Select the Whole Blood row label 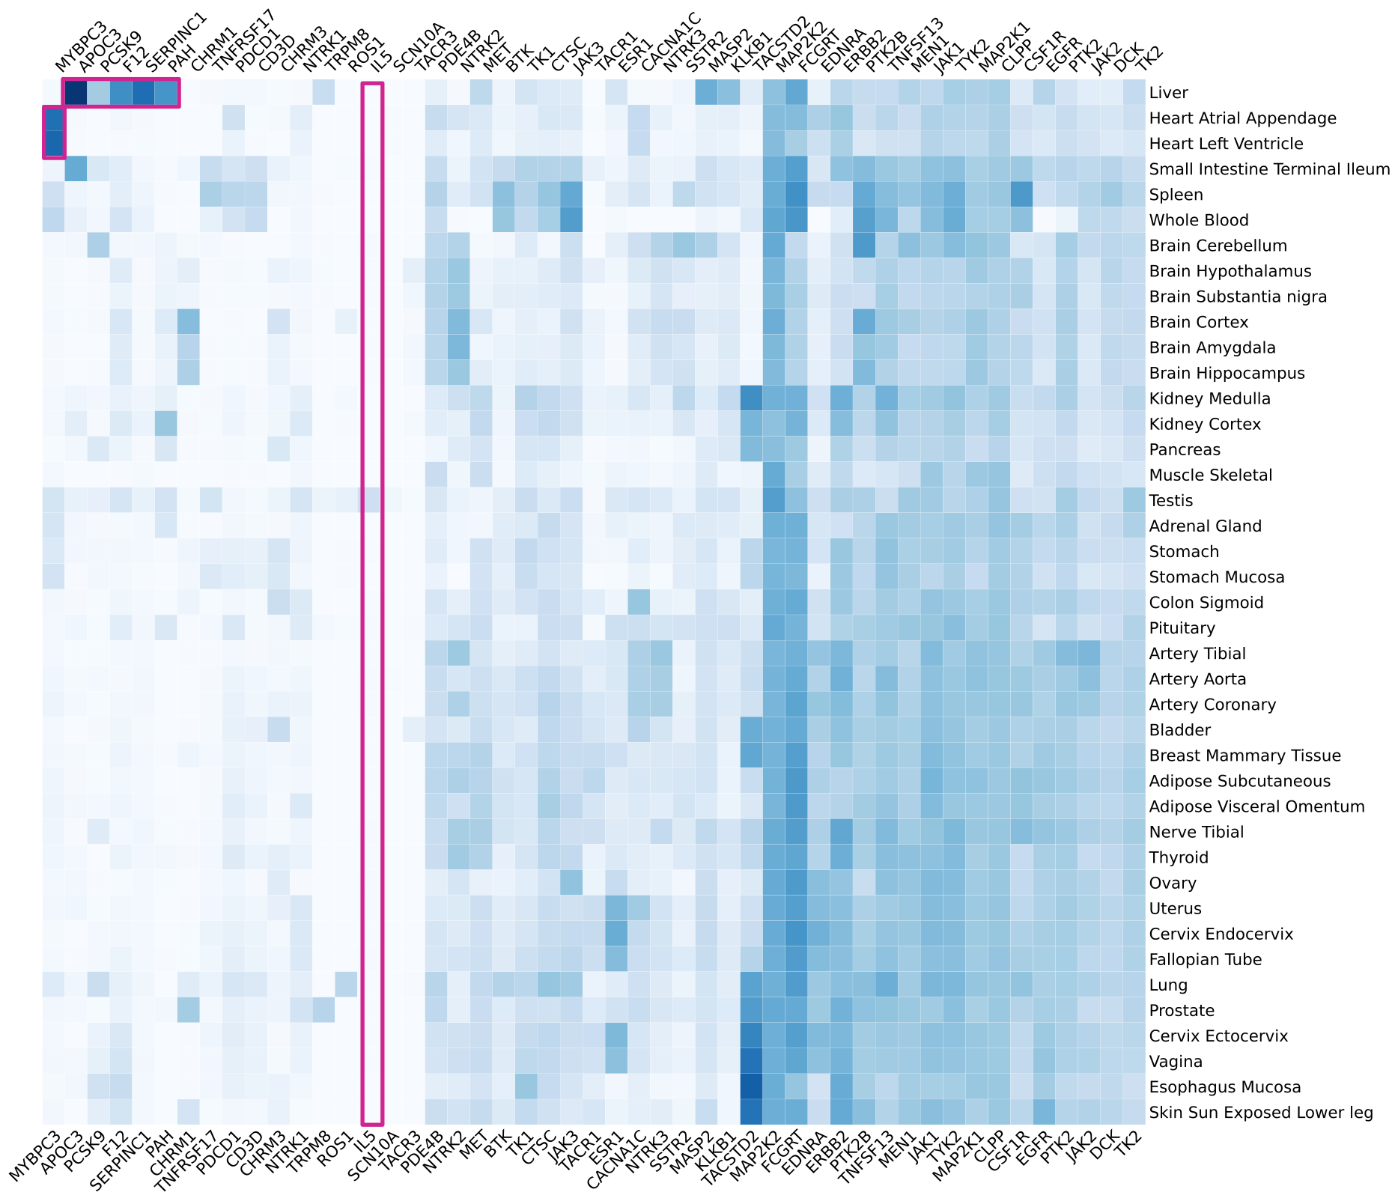tap(1198, 221)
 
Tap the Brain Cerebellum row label tap(1218, 246)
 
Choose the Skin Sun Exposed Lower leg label tap(1260, 1113)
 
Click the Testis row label tap(1172, 501)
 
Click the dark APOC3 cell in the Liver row tap(76, 93)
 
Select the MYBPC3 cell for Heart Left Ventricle tap(53, 144)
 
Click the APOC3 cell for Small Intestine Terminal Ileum tap(76, 169)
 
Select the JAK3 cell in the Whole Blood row tap(571, 220)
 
